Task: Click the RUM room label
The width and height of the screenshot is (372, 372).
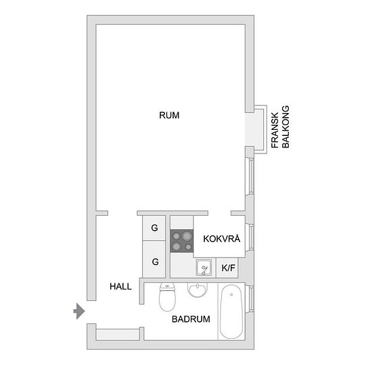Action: coord(169,115)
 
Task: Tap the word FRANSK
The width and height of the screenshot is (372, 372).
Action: coord(275,131)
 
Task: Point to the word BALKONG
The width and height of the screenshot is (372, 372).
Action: coord(285,127)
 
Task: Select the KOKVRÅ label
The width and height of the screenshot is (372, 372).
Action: coord(222,239)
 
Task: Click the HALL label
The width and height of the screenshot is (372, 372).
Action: coord(120,287)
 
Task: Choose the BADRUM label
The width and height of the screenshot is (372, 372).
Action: coord(191,319)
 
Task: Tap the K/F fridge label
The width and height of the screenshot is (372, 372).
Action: coord(228,268)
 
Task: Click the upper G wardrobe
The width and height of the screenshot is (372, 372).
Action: coord(154,228)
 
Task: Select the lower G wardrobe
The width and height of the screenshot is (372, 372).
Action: coord(154,259)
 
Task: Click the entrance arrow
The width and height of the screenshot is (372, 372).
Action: coord(79,311)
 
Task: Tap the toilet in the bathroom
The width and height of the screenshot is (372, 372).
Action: coord(167,297)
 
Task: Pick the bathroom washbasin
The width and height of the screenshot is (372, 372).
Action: coord(197,289)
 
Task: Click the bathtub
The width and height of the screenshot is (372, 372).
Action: coord(231,312)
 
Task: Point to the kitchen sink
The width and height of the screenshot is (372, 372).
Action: coord(204,268)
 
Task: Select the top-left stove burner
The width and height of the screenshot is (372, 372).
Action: coord(177,236)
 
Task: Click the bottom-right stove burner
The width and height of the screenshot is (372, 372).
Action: coord(188,247)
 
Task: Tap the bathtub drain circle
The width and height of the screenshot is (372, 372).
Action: coord(231,295)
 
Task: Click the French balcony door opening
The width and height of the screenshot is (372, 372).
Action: coord(250,130)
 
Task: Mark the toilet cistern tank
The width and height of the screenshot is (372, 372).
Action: coord(167,286)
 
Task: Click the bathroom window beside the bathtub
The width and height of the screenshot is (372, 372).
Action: coord(251,298)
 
